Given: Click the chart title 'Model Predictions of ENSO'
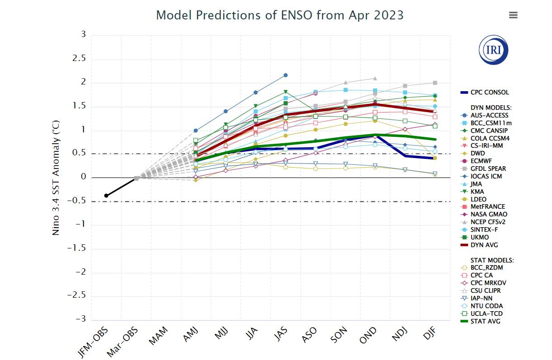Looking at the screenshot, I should (280, 15).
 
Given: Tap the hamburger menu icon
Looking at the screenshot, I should (513, 15).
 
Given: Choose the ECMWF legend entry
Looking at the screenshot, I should (483, 161).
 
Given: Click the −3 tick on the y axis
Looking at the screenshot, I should (81, 319).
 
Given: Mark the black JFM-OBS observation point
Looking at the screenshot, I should (107, 196).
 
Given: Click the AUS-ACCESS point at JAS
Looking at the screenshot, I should (285, 75).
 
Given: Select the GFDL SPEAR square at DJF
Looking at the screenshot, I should (435, 83).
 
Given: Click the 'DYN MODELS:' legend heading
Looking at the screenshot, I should (491, 108).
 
